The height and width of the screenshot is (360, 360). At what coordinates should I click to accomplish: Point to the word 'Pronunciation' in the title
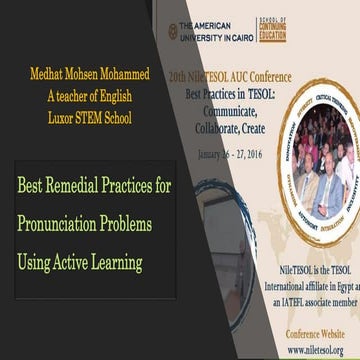pyautogui.click(x=65, y=224)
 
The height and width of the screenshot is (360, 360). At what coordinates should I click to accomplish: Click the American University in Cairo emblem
pyautogui.click(x=173, y=30)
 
